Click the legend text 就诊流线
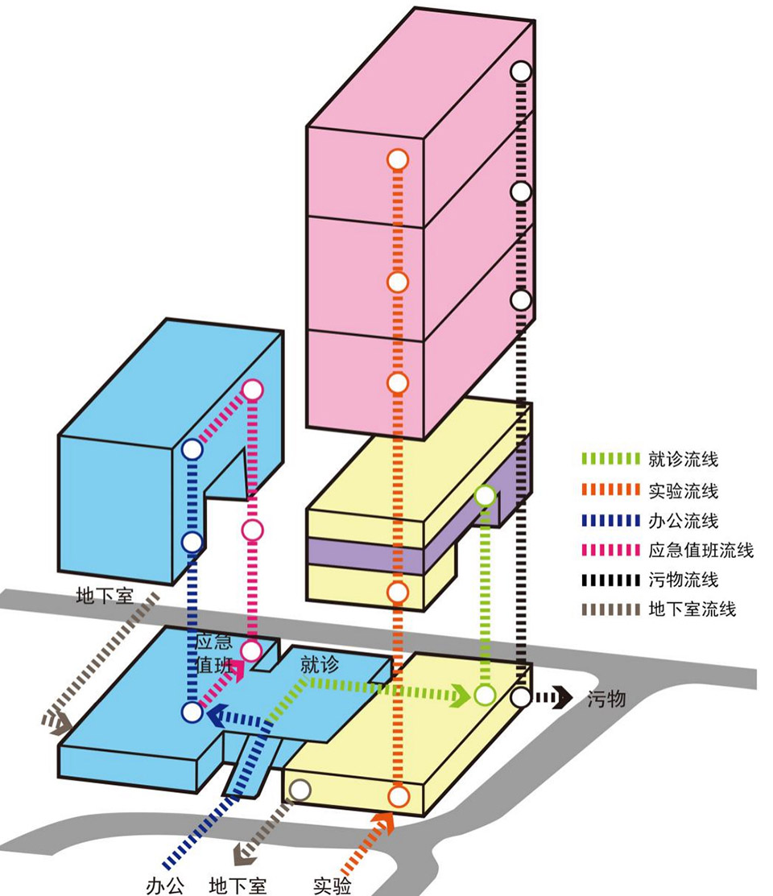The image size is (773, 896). (683, 460)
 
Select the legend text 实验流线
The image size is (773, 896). (683, 490)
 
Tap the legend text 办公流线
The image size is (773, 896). (683, 521)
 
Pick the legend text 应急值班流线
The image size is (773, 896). (701, 551)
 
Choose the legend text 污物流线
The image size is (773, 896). (683, 580)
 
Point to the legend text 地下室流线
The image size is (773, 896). (692, 609)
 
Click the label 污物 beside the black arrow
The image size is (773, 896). (606, 699)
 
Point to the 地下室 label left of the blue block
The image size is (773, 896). (105, 597)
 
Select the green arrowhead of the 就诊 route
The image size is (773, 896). (461, 695)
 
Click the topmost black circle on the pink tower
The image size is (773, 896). (522, 71)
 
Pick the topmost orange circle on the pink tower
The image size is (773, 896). (397, 159)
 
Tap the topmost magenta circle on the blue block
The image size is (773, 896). (253, 390)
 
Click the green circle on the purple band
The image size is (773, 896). (485, 495)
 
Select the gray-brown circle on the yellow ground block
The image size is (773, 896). (300, 790)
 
